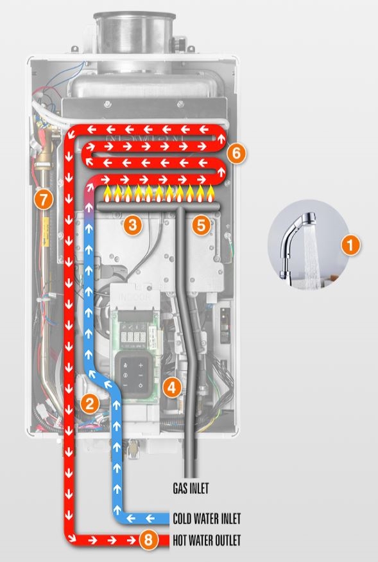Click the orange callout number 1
pyautogui.click(x=350, y=245)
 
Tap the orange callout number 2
pyautogui.click(x=89, y=404)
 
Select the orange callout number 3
pyautogui.click(x=133, y=225)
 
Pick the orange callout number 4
pyautogui.click(x=171, y=387)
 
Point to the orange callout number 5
pyautogui.click(x=201, y=225)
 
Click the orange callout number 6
pyautogui.click(x=236, y=154)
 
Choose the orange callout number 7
pyautogui.click(x=44, y=200)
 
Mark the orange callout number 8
pyautogui.click(x=148, y=540)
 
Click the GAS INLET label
pyautogui.click(x=191, y=488)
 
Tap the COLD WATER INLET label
pyautogui.click(x=207, y=518)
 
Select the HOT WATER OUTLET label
pyautogui.click(x=207, y=540)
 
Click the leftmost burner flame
pyautogui.click(x=107, y=194)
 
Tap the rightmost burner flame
pyautogui.click(x=210, y=194)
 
